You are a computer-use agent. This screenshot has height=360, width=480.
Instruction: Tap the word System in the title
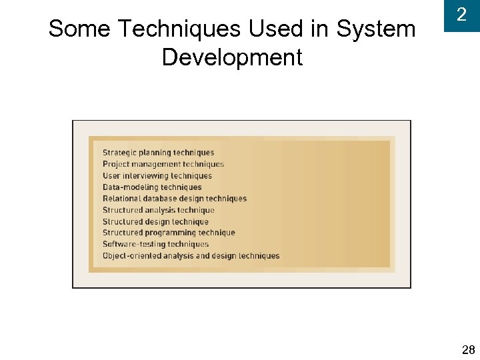click(376, 29)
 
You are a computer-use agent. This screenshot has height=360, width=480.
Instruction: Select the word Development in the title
click(232, 57)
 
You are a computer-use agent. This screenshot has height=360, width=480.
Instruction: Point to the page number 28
click(468, 350)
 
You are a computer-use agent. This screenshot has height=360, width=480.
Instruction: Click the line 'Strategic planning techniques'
click(159, 153)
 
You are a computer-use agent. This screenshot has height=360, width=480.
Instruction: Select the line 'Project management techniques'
click(163, 164)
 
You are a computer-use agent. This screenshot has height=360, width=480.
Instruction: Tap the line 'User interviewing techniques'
click(157, 176)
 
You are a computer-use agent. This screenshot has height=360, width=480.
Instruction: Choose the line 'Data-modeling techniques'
click(152, 187)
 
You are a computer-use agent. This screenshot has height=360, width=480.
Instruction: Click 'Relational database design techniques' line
click(175, 199)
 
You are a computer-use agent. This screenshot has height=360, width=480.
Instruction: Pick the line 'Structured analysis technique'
click(159, 210)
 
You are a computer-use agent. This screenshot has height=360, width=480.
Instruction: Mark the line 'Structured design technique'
click(155, 221)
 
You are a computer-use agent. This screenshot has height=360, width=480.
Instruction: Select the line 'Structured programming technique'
click(169, 233)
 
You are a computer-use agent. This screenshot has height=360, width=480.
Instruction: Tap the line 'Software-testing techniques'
click(155, 244)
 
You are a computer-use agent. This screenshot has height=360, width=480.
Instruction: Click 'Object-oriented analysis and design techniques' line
click(191, 256)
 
